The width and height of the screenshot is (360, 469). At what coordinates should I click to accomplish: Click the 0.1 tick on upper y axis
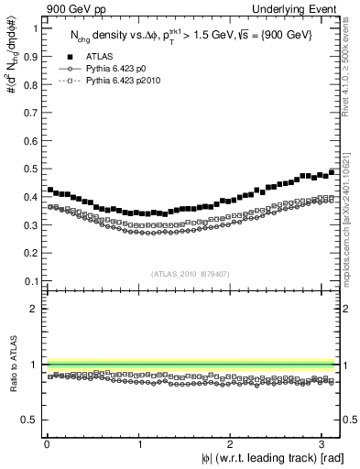[x=31, y=281]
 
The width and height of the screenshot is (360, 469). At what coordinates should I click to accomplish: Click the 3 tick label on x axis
[x=326, y=444]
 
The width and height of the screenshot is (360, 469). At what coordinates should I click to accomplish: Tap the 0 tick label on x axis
[x=47, y=444]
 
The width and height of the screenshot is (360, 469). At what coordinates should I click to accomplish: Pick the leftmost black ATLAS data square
[x=49, y=190]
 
